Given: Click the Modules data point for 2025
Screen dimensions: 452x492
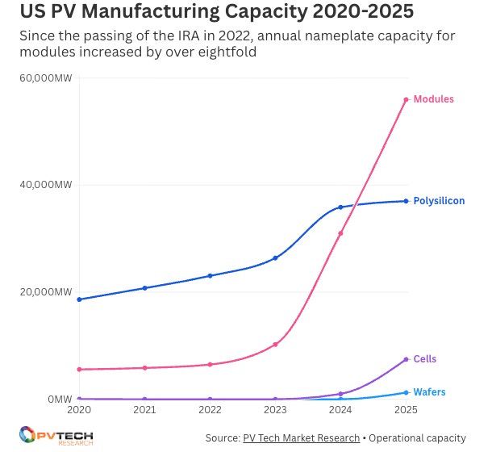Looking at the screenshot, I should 406,99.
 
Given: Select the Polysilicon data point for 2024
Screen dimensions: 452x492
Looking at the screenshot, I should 340,207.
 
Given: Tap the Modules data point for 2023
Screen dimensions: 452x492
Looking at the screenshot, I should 275,345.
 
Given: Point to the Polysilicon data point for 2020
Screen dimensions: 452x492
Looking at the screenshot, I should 79,299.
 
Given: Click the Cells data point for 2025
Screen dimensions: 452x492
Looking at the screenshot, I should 406,359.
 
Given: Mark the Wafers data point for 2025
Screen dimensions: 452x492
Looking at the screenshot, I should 406,392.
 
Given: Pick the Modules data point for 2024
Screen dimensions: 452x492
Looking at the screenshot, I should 340,233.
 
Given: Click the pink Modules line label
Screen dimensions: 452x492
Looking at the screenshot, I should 433,99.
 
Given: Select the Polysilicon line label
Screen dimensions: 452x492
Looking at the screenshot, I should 439,201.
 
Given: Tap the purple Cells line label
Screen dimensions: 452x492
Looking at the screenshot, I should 424,359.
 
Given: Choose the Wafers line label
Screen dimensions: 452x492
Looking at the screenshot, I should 429,392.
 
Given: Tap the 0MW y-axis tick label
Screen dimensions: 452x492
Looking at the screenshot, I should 59,400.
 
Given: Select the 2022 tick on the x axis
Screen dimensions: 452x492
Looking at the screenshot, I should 210,411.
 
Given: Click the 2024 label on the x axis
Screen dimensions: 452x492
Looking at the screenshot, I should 340,411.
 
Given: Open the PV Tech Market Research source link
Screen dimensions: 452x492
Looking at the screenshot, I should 301,438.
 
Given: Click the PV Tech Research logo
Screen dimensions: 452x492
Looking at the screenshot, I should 56,436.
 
